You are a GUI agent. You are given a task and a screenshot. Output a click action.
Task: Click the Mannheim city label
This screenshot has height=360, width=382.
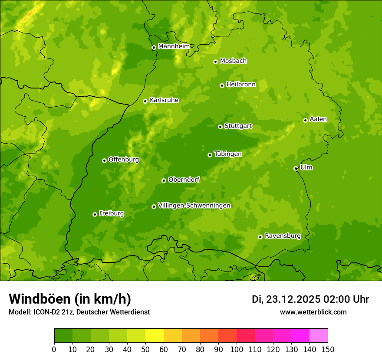tap(174, 46)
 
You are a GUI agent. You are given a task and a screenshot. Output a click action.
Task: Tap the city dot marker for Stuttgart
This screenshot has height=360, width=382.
tap(221, 127)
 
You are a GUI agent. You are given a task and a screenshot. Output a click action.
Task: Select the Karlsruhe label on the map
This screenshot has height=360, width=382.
tap(164, 100)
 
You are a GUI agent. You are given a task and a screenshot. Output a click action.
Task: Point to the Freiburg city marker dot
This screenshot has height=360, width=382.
tap(95, 214)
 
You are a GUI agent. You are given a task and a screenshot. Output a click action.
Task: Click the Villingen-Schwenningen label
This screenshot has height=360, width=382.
tap(194, 206)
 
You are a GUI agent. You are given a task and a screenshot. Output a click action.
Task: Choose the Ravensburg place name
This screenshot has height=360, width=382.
tap(282, 236)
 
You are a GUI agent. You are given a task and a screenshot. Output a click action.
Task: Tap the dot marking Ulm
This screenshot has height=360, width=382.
tap(296, 168)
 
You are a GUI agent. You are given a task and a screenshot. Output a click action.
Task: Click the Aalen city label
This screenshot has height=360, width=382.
tap(318, 119)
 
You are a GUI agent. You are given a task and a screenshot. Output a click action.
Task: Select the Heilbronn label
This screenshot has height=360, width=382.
tap(241, 85)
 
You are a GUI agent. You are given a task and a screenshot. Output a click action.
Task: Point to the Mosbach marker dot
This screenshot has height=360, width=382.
tap(215, 62)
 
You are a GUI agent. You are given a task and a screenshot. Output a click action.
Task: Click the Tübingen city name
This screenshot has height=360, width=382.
tap(228, 154)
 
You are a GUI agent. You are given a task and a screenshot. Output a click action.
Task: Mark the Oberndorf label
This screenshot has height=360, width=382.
tap(184, 180)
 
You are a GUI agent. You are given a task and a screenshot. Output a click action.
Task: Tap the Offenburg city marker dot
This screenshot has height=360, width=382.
tap(104, 160)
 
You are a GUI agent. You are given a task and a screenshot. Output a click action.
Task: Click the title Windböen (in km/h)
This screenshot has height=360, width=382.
tap(69, 299)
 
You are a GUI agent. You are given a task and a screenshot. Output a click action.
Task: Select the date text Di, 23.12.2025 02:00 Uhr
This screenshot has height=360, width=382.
tap(310, 299)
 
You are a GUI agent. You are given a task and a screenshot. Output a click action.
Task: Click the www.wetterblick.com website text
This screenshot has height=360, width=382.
tap(313, 312)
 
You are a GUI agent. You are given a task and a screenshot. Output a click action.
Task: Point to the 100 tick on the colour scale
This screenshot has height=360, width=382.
tap(237, 349)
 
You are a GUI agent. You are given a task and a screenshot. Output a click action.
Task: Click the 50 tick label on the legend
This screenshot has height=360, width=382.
tap(145, 349)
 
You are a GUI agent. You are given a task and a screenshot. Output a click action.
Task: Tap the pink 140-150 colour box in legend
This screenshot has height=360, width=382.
tap(319, 336)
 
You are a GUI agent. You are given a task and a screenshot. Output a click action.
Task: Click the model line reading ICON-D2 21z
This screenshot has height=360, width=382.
tap(79, 312)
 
